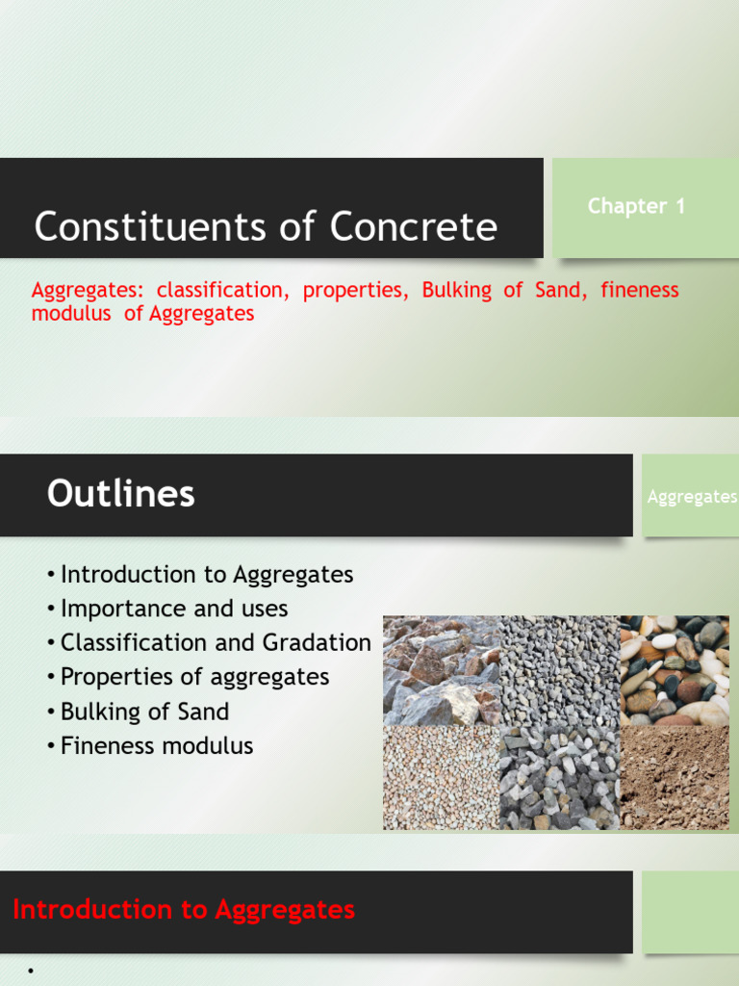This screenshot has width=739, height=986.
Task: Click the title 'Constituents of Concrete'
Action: click(266, 227)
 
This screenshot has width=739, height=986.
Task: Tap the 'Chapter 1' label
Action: click(636, 206)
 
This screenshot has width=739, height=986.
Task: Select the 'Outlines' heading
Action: click(120, 494)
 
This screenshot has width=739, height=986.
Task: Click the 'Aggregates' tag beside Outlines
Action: click(692, 497)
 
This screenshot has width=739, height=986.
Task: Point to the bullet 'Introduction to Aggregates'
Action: click(206, 575)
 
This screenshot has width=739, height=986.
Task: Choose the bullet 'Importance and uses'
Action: click(173, 609)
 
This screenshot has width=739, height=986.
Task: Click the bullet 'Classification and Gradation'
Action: click(215, 643)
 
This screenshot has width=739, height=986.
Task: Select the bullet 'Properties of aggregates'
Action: click(194, 677)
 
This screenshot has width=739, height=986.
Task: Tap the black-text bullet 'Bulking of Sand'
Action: click(144, 712)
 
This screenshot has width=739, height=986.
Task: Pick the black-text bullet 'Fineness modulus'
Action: click(157, 745)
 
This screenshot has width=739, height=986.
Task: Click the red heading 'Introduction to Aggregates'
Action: click(184, 910)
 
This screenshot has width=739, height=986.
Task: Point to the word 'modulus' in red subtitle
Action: click(71, 314)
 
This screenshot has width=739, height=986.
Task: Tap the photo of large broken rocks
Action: click(441, 670)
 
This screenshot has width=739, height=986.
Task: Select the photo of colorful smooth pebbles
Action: click(674, 670)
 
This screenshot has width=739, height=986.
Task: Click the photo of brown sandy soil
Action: click(674, 778)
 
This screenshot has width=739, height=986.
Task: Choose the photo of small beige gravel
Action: click(441, 778)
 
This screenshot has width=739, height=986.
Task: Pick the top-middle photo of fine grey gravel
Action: click(558, 670)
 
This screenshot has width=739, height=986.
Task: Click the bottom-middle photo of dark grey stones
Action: click(558, 778)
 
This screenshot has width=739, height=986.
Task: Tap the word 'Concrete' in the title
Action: click(414, 227)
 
